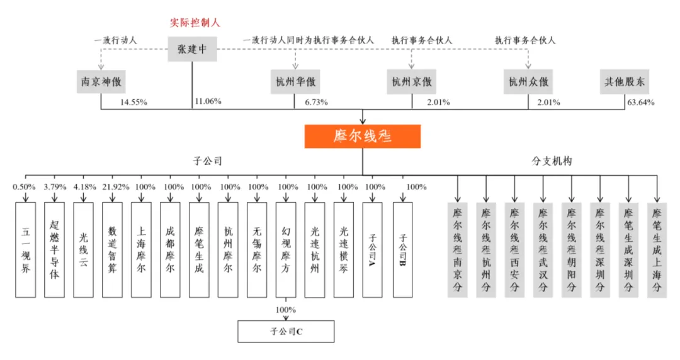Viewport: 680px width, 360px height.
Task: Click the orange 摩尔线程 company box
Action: coord(362,136)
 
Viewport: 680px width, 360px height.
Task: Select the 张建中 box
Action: coord(193,50)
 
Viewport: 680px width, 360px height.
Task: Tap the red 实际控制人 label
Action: coord(193,23)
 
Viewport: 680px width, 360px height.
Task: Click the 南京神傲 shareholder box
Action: coord(101,82)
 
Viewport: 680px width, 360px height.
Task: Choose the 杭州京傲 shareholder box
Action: coord(412,82)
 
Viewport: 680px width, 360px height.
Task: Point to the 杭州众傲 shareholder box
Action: coord(528,82)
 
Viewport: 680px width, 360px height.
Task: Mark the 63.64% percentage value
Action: coord(640,102)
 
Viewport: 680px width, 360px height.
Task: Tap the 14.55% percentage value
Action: coord(133,102)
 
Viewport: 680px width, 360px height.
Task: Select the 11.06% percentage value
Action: coord(208,101)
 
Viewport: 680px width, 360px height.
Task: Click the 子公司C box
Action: coord(286,331)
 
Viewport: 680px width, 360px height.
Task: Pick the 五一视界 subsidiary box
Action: coord(25,249)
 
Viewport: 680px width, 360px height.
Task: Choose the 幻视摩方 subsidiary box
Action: coord(286,249)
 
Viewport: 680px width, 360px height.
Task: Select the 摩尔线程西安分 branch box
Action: coord(515,249)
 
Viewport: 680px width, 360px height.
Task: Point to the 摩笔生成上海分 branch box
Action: coord(657,249)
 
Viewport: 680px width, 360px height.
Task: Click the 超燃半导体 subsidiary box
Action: coord(55,249)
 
